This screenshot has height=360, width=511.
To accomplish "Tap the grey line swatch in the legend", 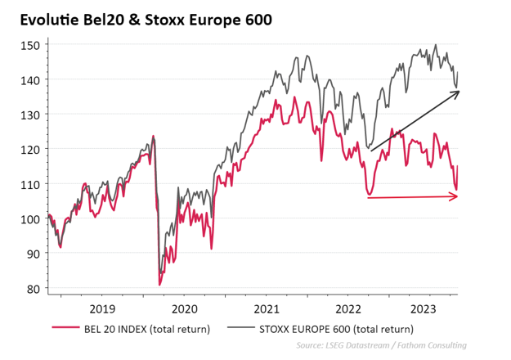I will click(239, 330).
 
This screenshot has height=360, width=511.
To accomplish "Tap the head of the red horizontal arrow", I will click(458, 196).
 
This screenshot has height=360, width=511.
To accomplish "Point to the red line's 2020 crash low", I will click(159, 284).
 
